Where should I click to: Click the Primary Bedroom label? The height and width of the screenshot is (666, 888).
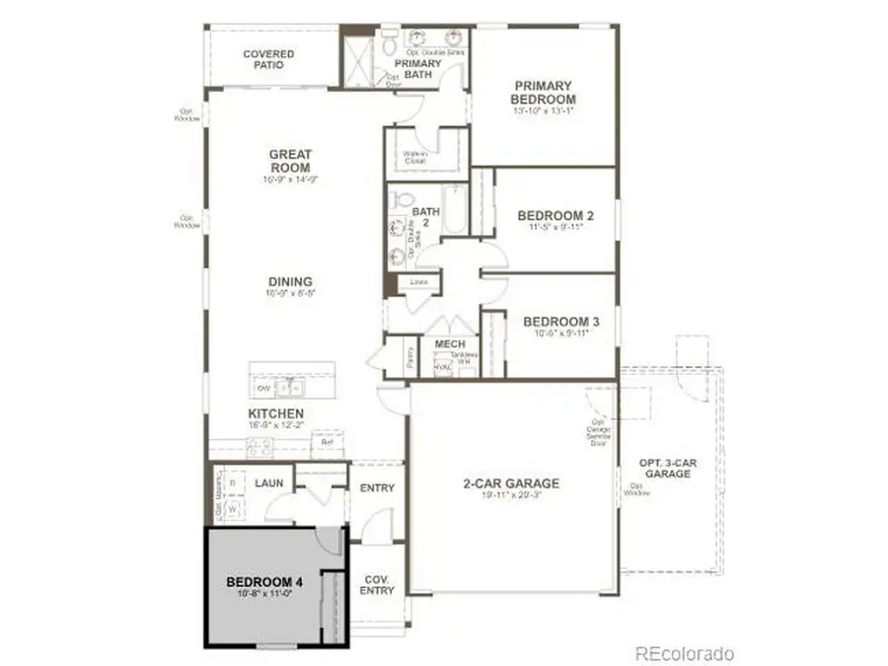pyautogui.click(x=543, y=93)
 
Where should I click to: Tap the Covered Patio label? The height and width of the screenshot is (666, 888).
pyautogui.click(x=268, y=58)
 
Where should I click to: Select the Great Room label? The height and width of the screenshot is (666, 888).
pyautogui.click(x=290, y=161)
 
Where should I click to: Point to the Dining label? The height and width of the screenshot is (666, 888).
pyautogui.click(x=290, y=281)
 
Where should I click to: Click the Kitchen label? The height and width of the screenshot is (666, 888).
pyautogui.click(x=276, y=412)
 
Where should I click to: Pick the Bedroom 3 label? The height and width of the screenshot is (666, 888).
pyautogui.click(x=560, y=322)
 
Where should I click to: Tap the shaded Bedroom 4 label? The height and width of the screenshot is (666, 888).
pyautogui.click(x=263, y=582)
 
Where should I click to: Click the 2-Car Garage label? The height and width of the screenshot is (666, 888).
pyautogui.click(x=511, y=483)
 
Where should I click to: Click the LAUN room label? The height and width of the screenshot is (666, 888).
pyautogui.click(x=268, y=483)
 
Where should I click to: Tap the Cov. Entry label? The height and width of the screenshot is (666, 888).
pyautogui.click(x=377, y=584)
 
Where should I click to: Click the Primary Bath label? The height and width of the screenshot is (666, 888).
pyautogui.click(x=417, y=70)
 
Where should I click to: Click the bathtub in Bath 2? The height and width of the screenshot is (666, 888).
pyautogui.click(x=455, y=209)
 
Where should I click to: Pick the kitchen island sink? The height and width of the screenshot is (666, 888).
pyautogui.click(x=288, y=386)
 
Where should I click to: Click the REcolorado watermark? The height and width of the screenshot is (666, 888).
pyautogui.click(x=684, y=653)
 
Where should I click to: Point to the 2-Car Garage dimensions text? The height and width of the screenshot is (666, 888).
pyautogui.click(x=511, y=496)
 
